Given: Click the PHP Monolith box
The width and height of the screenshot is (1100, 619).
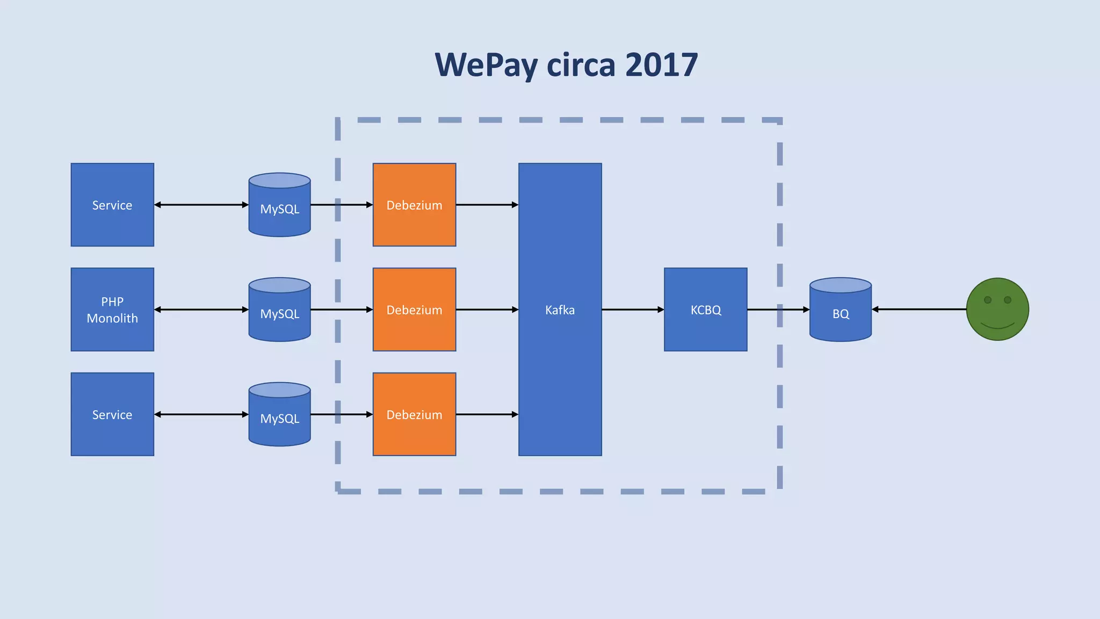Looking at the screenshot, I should tap(112, 309).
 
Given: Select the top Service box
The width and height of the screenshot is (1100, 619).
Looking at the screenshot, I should tap(112, 205).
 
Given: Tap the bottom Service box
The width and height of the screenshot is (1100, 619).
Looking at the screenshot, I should tap(112, 414).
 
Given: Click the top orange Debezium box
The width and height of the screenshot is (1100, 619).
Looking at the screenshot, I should tap(414, 205).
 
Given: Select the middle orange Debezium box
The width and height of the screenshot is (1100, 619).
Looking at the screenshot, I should tap(414, 309).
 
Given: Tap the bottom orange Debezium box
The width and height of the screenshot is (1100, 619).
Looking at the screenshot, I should tap(414, 414).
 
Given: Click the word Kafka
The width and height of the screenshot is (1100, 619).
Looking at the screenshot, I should tap(560, 310).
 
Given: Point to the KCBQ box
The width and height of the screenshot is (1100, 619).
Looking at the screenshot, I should tap(705, 309).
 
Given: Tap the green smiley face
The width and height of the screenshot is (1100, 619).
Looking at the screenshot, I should tap(997, 309).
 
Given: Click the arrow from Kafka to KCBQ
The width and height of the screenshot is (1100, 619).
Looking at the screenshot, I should tap(633, 309).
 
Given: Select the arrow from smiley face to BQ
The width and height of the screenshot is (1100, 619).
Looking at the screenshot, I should tap(918, 309).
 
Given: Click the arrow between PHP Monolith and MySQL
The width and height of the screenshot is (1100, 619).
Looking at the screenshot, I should tap(201, 309).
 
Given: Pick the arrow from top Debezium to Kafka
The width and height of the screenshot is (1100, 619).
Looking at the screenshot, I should tap(487, 205).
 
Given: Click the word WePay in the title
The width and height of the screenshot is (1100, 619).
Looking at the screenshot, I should tap(487, 66).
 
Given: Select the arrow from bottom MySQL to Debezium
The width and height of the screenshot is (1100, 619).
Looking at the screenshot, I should tap(342, 414).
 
